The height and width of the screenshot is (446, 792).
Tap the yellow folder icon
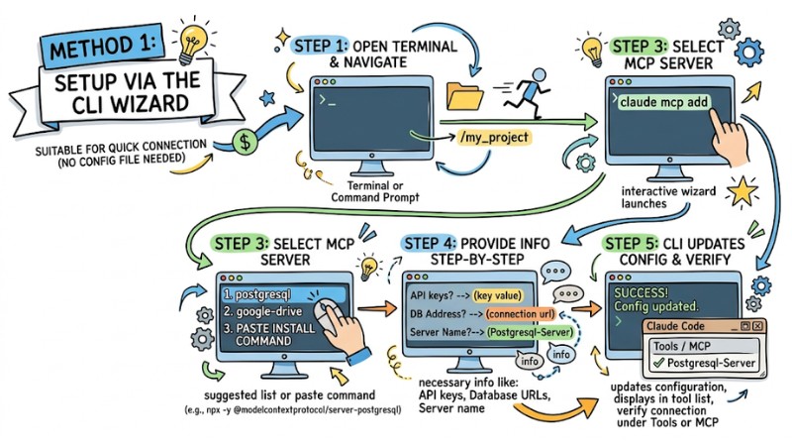464,96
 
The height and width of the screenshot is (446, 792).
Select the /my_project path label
494,137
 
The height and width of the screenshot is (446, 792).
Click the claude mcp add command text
663,102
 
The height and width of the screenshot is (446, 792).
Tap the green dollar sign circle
245,142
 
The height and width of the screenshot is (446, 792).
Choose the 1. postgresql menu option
257,294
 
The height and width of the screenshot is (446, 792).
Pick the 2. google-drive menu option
262,311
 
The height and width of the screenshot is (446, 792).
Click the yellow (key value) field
498,295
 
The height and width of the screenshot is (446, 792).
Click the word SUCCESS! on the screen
641,292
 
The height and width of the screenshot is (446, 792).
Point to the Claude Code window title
675,326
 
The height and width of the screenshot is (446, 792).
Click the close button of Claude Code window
757,326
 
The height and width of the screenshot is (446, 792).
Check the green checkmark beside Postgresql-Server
658,363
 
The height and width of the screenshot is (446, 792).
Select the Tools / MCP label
681,346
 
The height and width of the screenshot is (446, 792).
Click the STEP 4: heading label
430,243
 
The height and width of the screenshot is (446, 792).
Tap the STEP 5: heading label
631,243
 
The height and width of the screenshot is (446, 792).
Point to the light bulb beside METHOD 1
192,42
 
